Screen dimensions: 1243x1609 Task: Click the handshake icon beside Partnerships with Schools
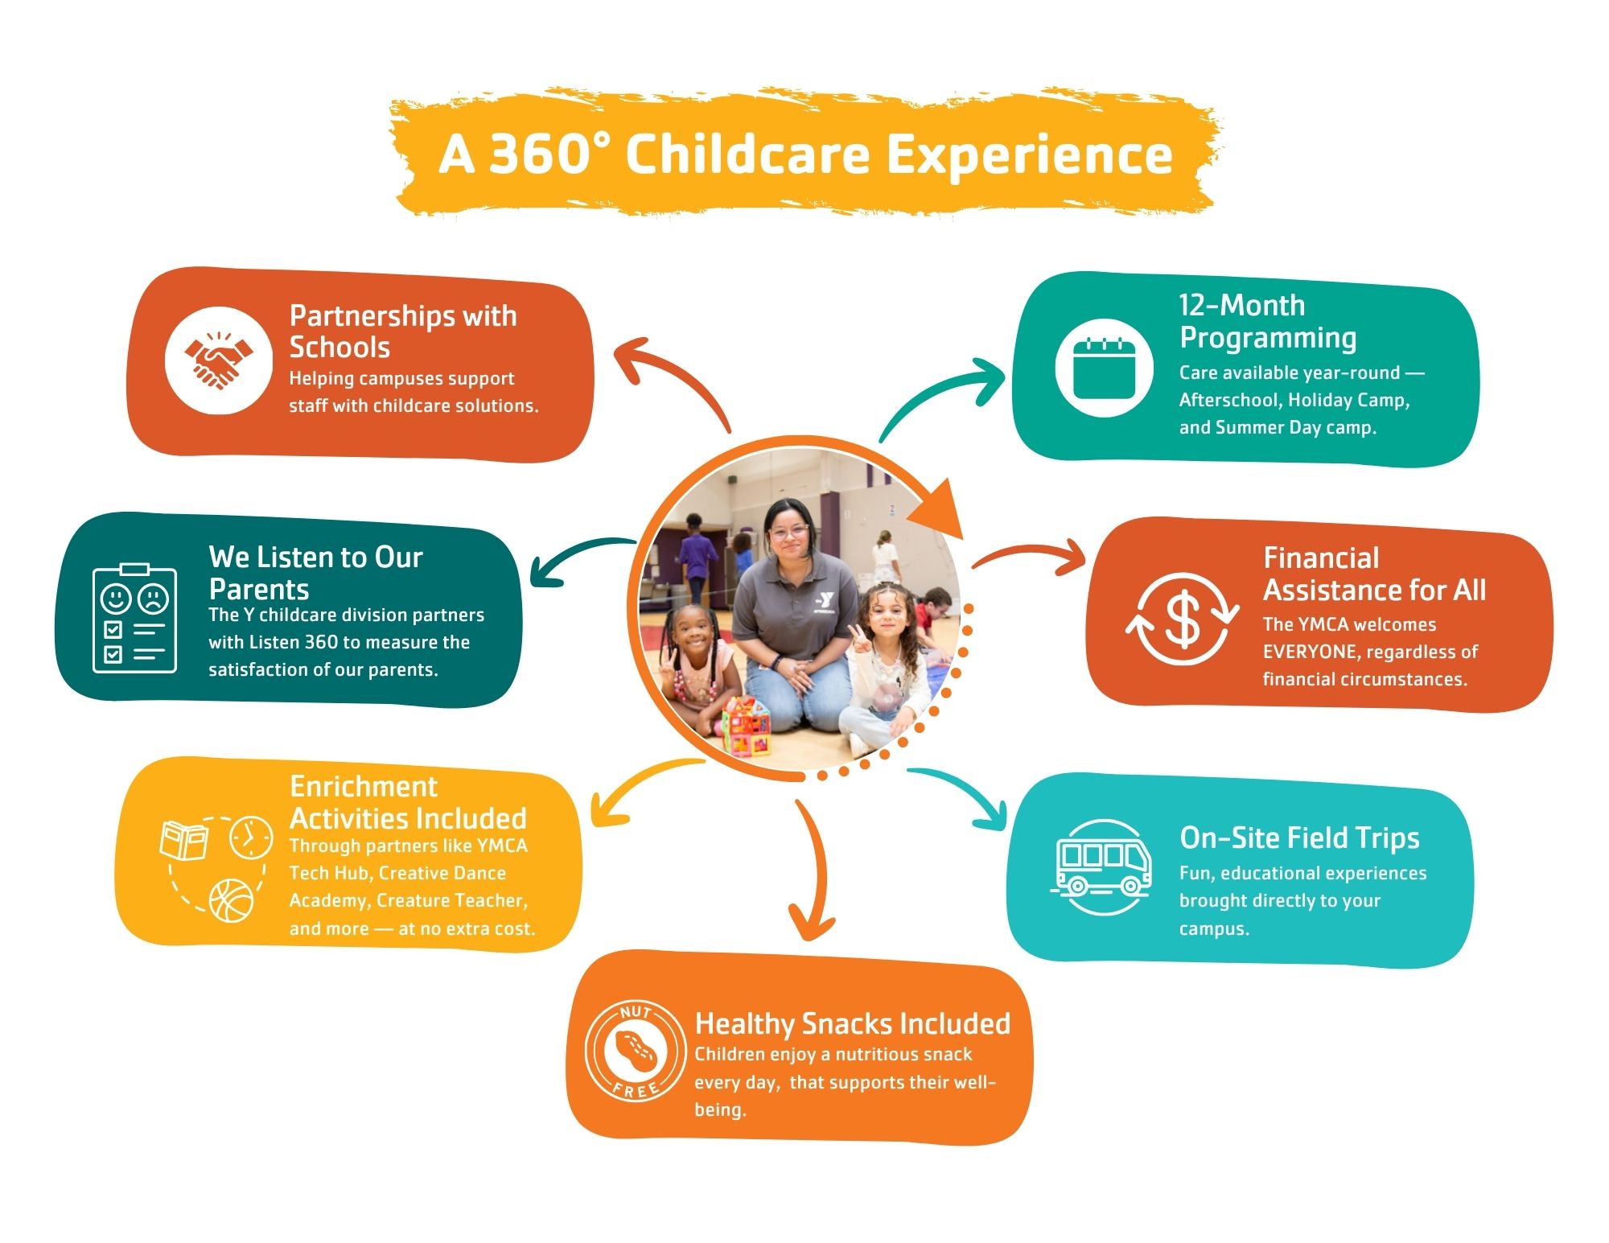point(218,360)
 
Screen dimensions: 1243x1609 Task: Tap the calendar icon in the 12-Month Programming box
point(1104,368)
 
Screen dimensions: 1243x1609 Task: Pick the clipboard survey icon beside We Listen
point(134,618)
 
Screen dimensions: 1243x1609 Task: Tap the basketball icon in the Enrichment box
point(231,900)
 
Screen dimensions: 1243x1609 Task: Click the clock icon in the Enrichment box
point(250,838)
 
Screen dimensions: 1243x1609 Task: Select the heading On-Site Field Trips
point(1299,838)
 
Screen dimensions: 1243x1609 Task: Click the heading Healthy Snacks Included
point(852,1023)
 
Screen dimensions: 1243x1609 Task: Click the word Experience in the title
point(1029,155)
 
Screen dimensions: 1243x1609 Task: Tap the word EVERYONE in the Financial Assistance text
point(1309,652)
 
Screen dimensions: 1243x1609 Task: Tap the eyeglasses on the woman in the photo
point(788,531)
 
